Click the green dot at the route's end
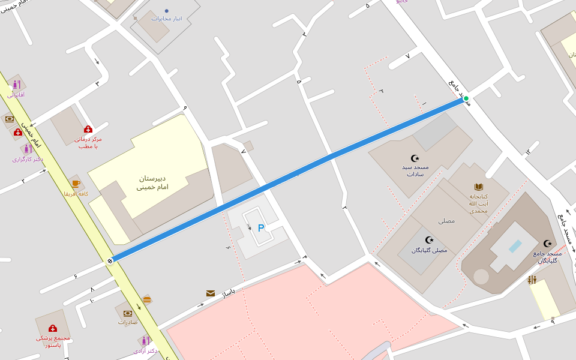tap(466, 98)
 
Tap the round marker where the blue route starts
tap(110, 260)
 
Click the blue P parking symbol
tap(260, 228)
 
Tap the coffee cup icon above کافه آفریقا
tap(76, 184)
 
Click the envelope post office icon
tap(211, 293)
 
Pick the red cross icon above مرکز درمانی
tap(88, 129)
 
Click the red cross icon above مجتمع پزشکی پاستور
tap(53, 328)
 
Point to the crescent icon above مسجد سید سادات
tap(415, 158)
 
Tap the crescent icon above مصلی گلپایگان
tap(429, 240)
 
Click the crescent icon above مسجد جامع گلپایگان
tap(547, 243)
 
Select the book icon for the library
tap(478, 187)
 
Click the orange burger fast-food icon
tap(147, 299)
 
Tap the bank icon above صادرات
tap(128, 313)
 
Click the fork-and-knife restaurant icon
tap(532, 280)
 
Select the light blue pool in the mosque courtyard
tap(515, 246)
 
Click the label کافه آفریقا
tap(76, 194)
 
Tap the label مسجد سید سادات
tap(416, 170)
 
